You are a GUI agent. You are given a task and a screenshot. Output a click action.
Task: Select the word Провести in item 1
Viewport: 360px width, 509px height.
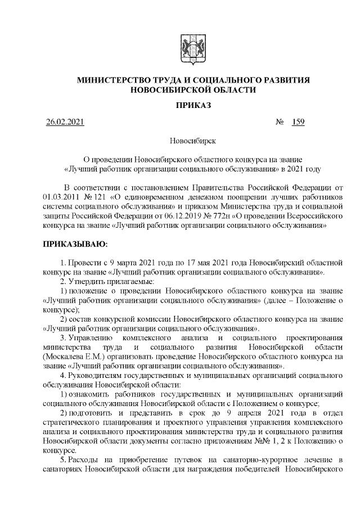point(86,262)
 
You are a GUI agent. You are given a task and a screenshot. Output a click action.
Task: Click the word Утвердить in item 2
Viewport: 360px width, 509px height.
point(87,281)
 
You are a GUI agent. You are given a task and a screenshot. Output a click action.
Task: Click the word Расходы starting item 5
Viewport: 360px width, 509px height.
point(83,461)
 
